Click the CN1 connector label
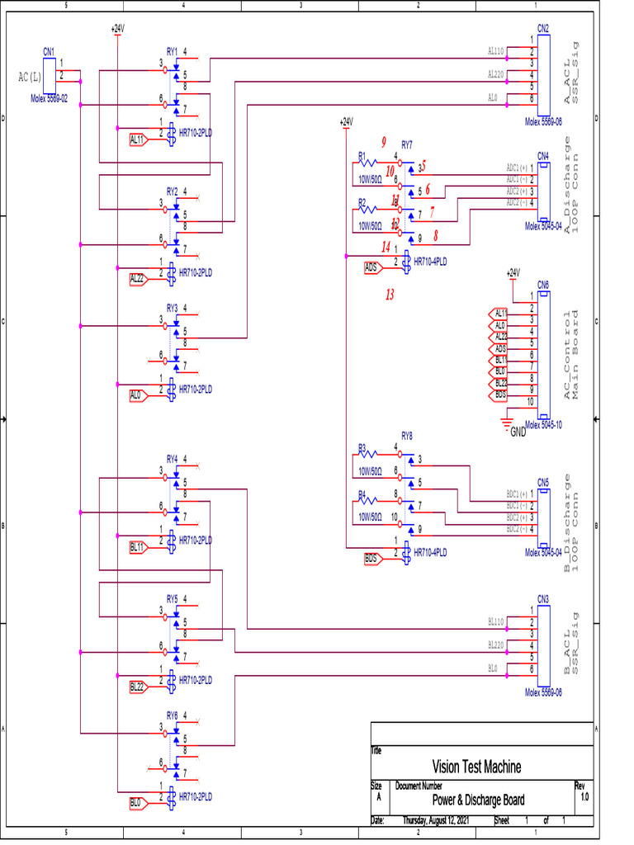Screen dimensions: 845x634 (x=49, y=51)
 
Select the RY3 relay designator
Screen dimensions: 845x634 (x=172, y=308)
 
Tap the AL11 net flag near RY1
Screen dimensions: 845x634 (x=137, y=139)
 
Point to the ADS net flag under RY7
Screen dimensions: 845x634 (x=371, y=267)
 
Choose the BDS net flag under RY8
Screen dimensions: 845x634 (x=371, y=559)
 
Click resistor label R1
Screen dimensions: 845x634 (x=362, y=155)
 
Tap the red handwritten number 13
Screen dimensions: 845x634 (x=390, y=294)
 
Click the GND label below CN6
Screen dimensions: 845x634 (x=518, y=432)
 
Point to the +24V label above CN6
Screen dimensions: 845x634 (x=513, y=272)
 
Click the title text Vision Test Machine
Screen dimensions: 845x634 (x=476, y=767)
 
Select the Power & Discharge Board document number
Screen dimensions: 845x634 (x=478, y=800)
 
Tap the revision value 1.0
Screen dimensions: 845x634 (x=584, y=798)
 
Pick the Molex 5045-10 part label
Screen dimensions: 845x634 (x=543, y=426)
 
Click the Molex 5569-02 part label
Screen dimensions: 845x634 (x=50, y=98)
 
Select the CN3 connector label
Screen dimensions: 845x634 (x=543, y=598)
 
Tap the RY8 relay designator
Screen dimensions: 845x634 (x=407, y=435)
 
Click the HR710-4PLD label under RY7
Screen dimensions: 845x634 (x=429, y=261)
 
